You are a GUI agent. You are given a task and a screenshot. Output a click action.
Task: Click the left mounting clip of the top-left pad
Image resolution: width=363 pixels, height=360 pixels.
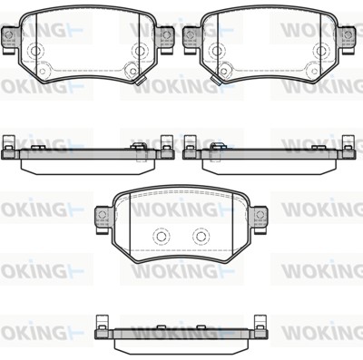pos(9,40)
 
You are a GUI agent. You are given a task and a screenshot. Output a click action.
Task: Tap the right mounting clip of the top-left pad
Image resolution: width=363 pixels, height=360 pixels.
pos(165,40)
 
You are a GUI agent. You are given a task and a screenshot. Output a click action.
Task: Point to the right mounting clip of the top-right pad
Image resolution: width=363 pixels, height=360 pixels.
pos(347,40)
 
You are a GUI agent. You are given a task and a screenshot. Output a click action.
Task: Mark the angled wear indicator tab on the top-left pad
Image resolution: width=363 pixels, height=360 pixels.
pos(141,81)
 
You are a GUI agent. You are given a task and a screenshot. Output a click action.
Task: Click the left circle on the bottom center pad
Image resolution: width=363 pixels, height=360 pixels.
pos(161,237)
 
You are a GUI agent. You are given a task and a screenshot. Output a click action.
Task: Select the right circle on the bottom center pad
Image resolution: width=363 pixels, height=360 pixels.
pos(201,237)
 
